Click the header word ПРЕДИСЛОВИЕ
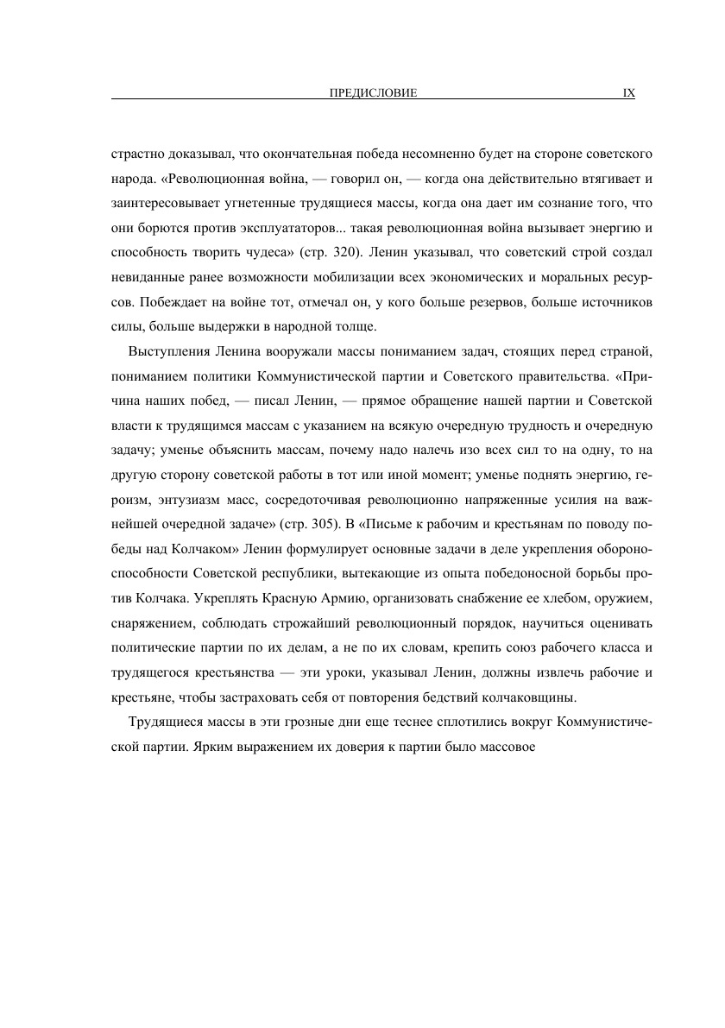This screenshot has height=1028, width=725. tap(368, 92)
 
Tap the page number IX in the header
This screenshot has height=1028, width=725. tap(628, 92)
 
